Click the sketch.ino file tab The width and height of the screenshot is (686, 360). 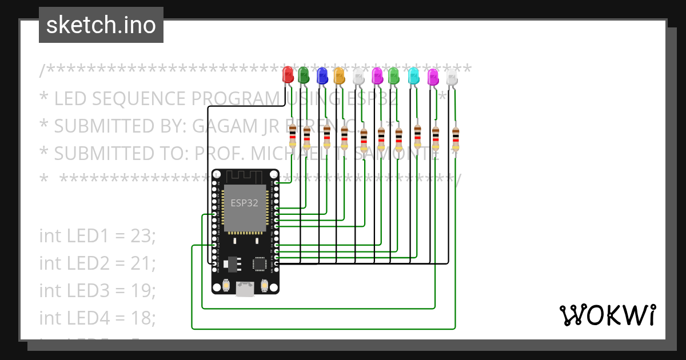point(101,25)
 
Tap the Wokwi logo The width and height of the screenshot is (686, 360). point(607,315)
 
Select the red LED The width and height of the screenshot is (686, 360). point(288,74)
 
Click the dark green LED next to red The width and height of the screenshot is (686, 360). point(304,75)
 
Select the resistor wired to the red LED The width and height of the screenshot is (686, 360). point(293,136)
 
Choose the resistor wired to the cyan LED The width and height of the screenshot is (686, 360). point(417,136)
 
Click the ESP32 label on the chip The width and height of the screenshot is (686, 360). point(244,203)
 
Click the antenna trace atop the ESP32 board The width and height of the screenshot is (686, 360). point(245,177)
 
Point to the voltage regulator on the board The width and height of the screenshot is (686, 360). point(231,263)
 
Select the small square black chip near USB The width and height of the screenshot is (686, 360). point(260,263)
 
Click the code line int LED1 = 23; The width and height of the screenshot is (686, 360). point(97,235)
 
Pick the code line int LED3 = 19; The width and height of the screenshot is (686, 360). point(97,290)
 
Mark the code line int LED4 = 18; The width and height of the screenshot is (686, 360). point(97,317)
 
